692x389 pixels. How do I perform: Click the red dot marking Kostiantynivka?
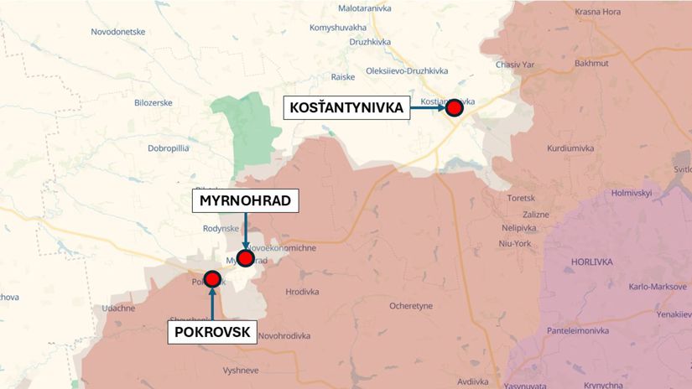point(455,107)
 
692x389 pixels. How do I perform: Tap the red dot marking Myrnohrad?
point(245,258)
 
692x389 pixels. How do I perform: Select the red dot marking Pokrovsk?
point(212,279)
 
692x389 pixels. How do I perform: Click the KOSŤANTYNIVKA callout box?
point(346,107)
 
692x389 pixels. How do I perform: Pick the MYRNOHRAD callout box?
point(245,201)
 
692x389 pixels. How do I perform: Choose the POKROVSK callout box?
point(213,333)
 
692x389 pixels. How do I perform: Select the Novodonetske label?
point(118,32)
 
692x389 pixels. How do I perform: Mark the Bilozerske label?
point(153,102)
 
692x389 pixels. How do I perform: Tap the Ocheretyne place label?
point(411,306)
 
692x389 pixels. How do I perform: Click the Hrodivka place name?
point(303,292)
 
